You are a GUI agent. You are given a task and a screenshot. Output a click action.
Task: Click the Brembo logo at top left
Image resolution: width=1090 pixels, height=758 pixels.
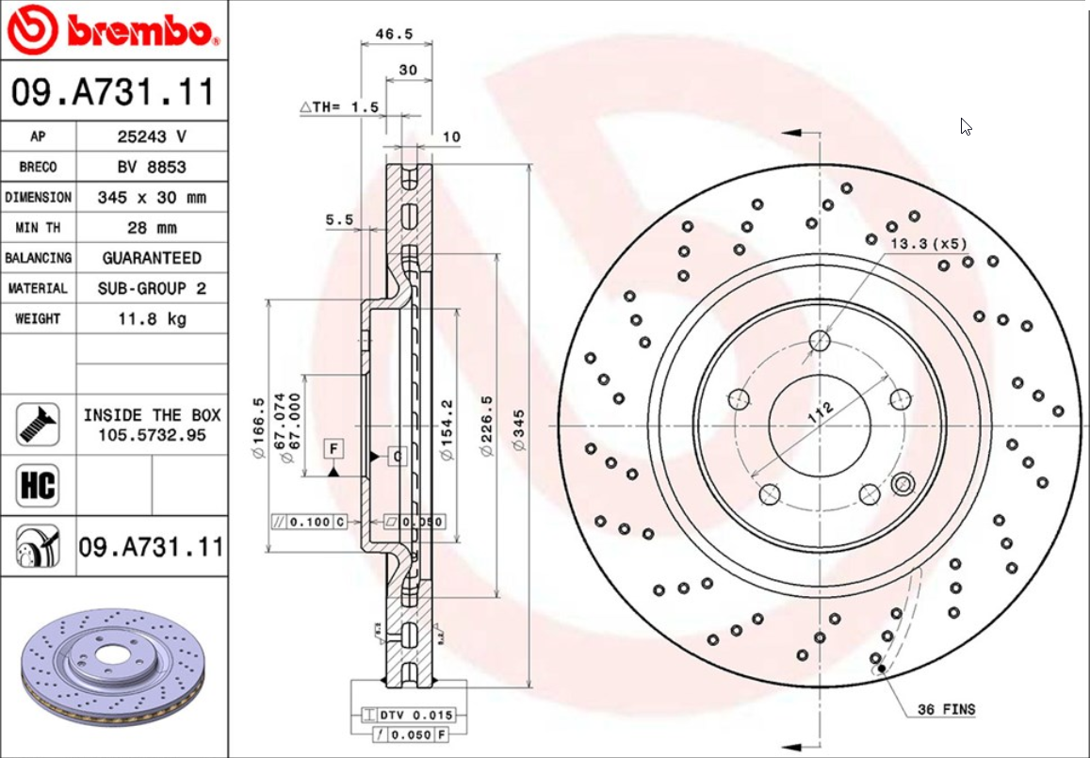[113, 30]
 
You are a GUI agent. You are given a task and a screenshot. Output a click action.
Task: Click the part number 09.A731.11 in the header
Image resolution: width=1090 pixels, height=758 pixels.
[113, 92]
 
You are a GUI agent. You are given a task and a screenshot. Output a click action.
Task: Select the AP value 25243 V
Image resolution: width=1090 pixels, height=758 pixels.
[151, 137]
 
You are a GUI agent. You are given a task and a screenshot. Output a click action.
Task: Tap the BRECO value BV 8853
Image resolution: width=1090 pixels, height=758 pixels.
[151, 167]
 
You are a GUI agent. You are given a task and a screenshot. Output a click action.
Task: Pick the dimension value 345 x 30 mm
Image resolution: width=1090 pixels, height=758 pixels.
[151, 198]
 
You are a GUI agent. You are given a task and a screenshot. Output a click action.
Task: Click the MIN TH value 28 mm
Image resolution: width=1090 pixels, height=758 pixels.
[151, 228]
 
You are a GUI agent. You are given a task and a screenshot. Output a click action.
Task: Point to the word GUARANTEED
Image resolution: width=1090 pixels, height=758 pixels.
[151, 258]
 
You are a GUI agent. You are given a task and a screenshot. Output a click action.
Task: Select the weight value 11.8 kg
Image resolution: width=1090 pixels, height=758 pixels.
[151, 318]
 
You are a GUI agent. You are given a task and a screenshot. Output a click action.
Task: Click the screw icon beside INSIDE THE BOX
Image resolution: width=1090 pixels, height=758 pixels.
[38, 425]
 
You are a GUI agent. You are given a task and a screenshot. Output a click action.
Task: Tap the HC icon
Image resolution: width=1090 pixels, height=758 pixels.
[38, 486]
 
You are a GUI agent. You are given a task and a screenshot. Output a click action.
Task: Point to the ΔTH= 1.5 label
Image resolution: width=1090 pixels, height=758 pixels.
[339, 107]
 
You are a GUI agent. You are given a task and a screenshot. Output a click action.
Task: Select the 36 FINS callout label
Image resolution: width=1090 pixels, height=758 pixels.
[946, 709]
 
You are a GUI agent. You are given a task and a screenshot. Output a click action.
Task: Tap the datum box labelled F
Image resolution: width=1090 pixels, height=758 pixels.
[334, 448]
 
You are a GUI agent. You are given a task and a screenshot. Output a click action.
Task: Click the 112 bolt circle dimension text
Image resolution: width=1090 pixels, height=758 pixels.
[820, 412]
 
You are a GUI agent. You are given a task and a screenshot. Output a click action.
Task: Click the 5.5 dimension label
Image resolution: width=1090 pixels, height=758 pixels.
[338, 219]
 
